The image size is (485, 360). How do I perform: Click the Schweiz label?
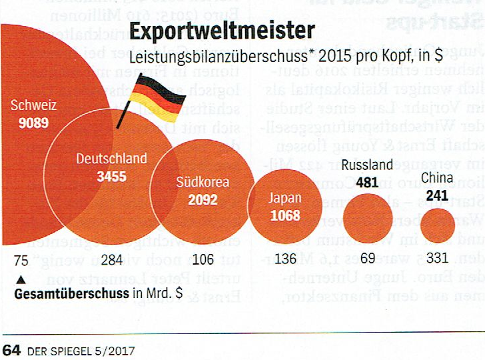pyautogui.click(x=33, y=105)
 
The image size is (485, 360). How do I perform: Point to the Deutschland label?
pyautogui.click(x=111, y=159)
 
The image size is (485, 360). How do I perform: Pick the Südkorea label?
pyautogui.click(x=203, y=182)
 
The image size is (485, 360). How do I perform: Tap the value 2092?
pyautogui.click(x=203, y=199)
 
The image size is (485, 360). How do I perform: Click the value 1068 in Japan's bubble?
pyautogui.click(x=285, y=215)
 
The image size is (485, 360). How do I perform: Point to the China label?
pyautogui.click(x=437, y=178)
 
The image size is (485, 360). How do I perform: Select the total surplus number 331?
pyautogui.click(x=437, y=259)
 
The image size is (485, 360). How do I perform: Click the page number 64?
pyautogui.click(x=12, y=349)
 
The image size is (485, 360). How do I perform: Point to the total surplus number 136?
pyautogui.click(x=284, y=259)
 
